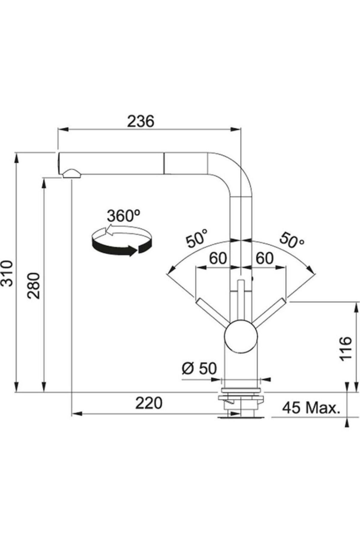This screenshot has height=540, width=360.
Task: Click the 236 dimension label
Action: [140, 121]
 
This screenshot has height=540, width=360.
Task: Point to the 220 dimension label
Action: [148, 403]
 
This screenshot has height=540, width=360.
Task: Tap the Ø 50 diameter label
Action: [199, 368]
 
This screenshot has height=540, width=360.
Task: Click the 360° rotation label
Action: [124, 216]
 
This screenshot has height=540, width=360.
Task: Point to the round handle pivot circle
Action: [241, 336]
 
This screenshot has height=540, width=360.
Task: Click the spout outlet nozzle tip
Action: [71, 174]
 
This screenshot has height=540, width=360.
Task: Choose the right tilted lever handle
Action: [268, 312]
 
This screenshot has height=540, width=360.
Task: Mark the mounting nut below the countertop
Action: [241, 399]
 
